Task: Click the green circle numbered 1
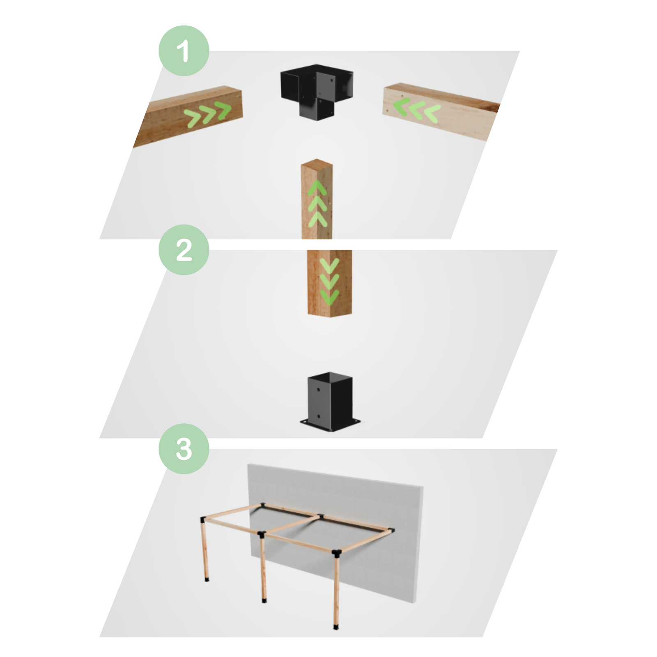point(184,51)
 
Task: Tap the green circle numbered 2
point(184,250)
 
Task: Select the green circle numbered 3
point(184,449)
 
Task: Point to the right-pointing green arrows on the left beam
point(207,114)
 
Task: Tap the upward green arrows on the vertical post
point(317,204)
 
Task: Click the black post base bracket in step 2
point(330,400)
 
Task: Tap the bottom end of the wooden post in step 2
point(330,313)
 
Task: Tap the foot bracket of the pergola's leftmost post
point(207,579)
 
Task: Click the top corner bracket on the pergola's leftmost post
point(203,519)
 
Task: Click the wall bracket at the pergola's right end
point(392,530)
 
